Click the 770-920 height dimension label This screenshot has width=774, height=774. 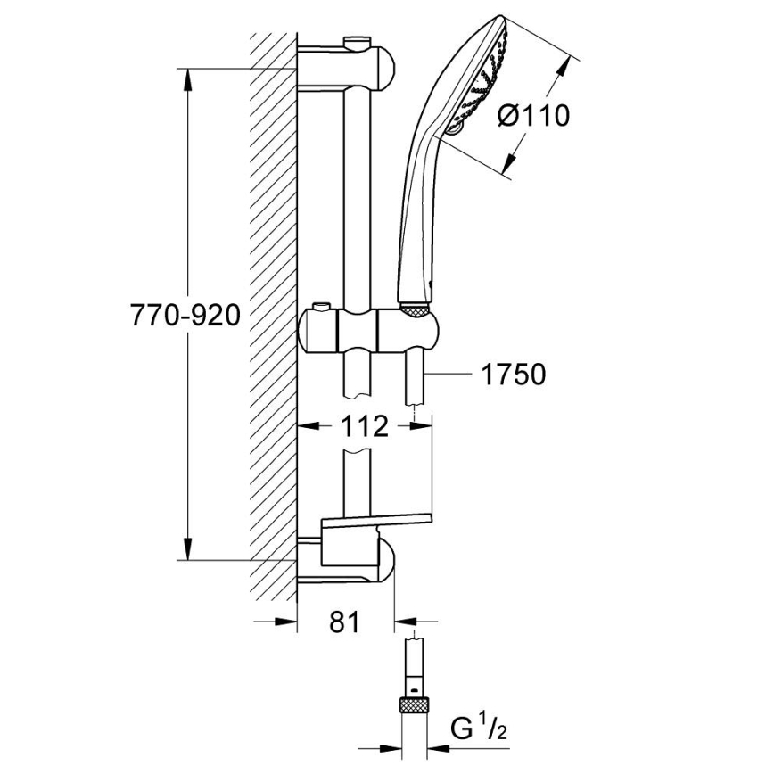click(185, 316)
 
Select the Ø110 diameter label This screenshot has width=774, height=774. click(532, 115)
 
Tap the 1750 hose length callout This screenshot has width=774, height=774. click(513, 375)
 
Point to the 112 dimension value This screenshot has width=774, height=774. click(365, 427)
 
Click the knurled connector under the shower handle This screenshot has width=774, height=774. click(416, 309)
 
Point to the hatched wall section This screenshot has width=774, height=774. click(273, 312)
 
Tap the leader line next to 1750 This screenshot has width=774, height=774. click(450, 375)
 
